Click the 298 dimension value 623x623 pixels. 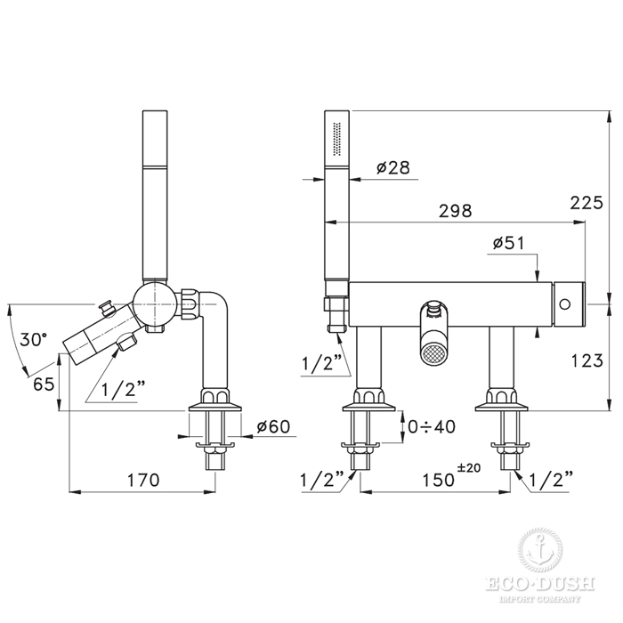pyautogui.click(x=456, y=211)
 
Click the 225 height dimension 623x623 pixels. pyautogui.click(x=587, y=203)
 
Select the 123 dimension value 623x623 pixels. pyautogui.click(x=587, y=360)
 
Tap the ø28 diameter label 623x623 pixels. pyautogui.click(x=393, y=167)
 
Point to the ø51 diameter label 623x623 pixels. pyautogui.click(x=508, y=243)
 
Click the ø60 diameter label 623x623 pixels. pyautogui.click(x=274, y=426)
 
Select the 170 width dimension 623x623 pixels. pyautogui.click(x=143, y=480)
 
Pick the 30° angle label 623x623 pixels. pyautogui.click(x=34, y=340)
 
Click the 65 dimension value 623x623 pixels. pyautogui.click(x=44, y=384)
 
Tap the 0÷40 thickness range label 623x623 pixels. pyautogui.click(x=432, y=426)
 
